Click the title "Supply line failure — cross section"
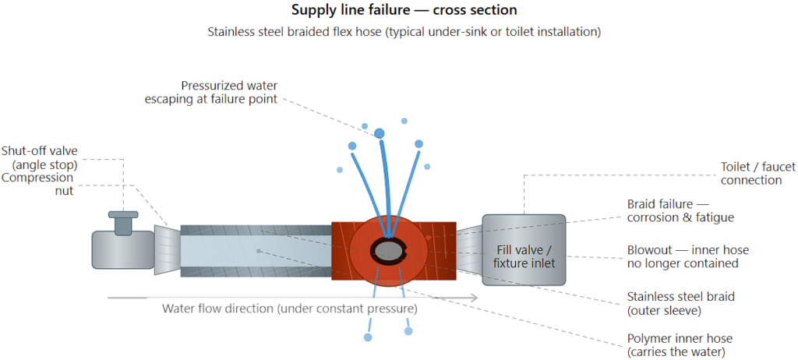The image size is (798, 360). [399, 11]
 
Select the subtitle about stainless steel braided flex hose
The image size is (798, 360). [399, 32]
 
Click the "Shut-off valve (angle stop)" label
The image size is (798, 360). [40, 157]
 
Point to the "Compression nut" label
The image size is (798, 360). [37, 184]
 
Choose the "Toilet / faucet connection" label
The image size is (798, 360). [751, 174]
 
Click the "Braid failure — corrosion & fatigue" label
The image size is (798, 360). [680, 210]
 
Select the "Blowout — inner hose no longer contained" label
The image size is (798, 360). [688, 256]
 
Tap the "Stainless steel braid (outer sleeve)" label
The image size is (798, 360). [680, 303]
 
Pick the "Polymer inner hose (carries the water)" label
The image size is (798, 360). [680, 345]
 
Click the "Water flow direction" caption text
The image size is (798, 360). [289, 308]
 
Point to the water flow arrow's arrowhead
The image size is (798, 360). [475, 298]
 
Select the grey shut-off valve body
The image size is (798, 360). [121, 249]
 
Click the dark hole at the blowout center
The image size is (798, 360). [389, 249]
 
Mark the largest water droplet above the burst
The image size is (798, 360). [380, 133]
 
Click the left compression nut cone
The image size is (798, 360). [167, 249]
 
